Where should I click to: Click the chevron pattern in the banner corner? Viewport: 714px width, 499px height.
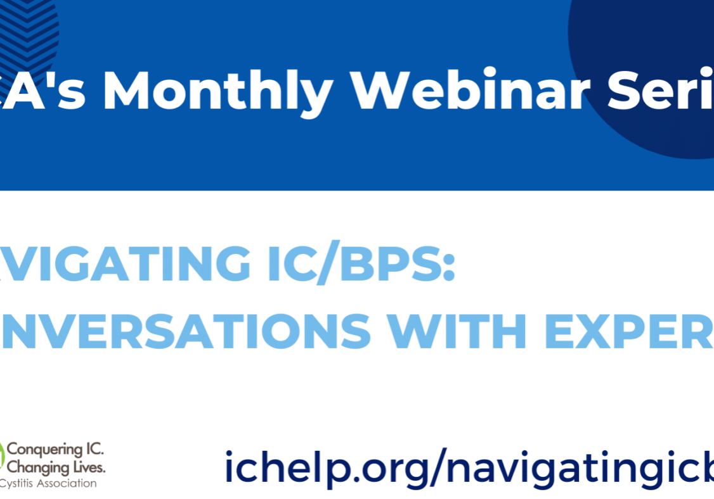(x=29, y=28)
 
